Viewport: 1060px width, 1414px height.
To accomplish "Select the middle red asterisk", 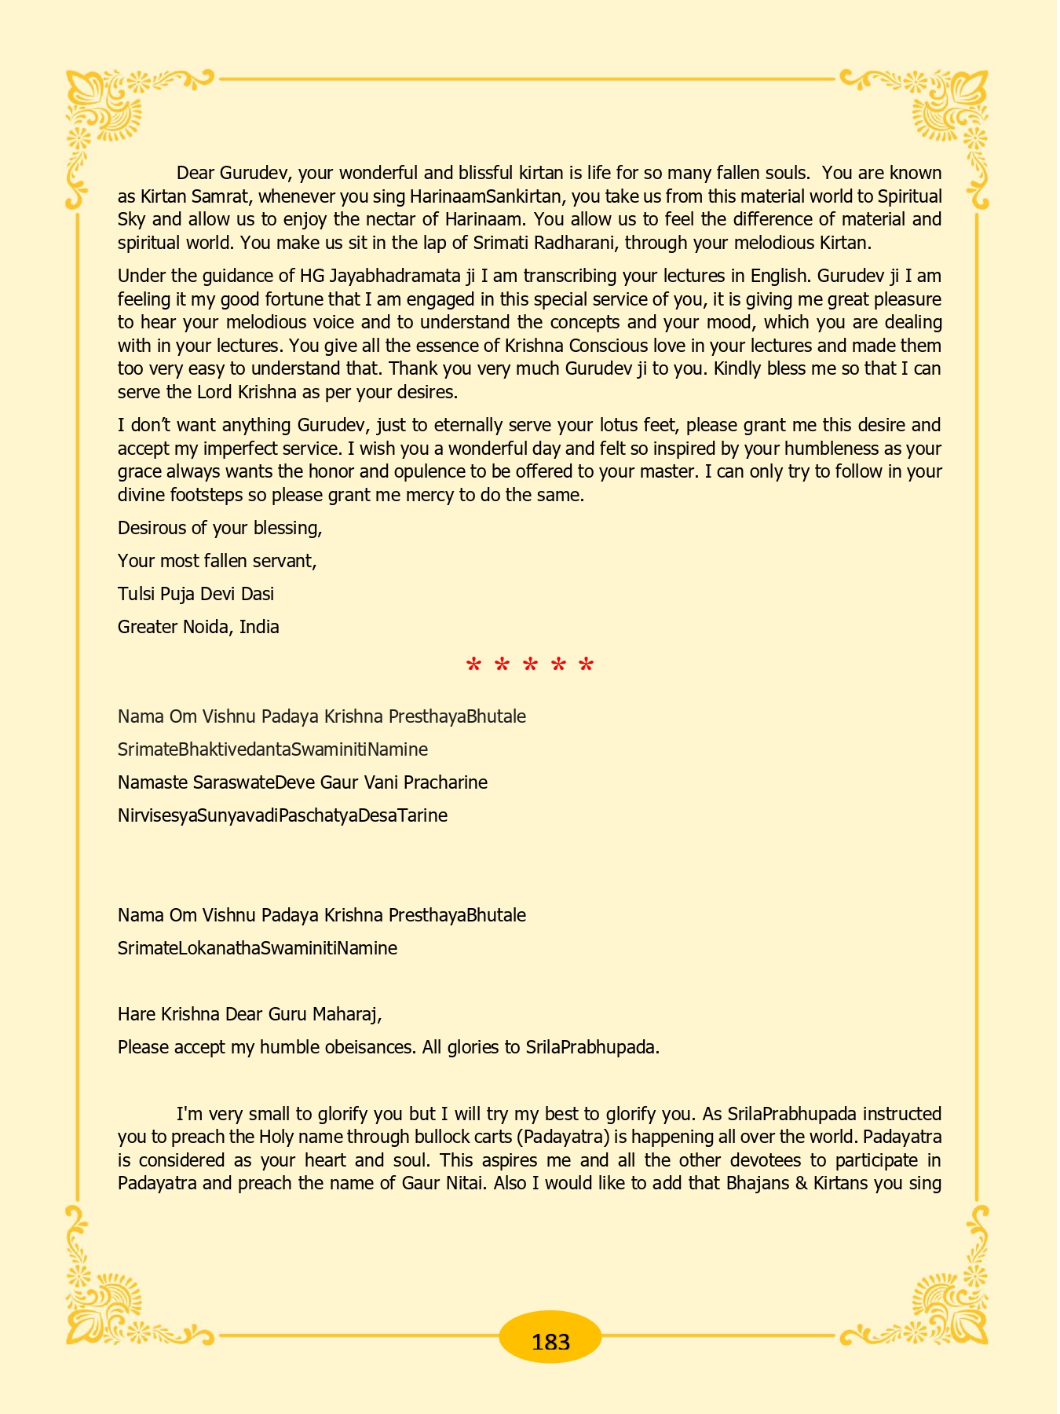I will point(530,666).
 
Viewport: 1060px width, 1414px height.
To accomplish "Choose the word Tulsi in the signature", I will point(137,594).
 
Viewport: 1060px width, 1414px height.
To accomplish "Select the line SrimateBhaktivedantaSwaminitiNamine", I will point(272,749).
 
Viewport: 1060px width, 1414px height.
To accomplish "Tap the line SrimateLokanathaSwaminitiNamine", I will point(258,948).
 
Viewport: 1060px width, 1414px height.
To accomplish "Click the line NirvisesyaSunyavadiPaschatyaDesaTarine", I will point(283,815).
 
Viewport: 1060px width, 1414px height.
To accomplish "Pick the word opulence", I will point(438,472).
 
